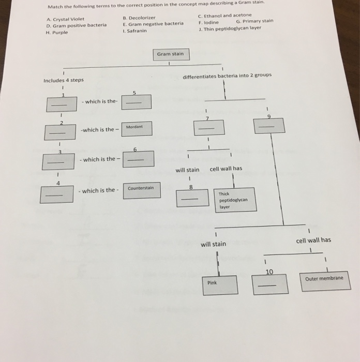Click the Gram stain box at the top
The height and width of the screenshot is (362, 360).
(x=170, y=54)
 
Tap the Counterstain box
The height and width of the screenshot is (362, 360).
(x=142, y=190)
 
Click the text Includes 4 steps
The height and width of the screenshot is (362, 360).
(x=64, y=80)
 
